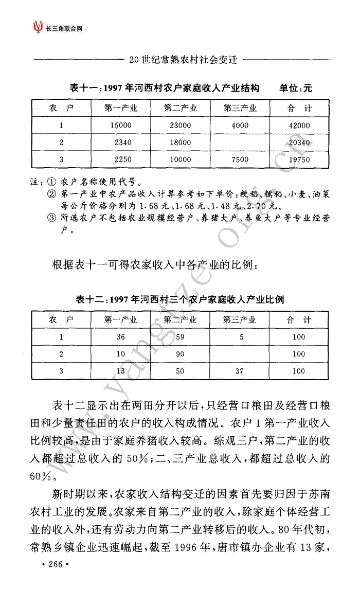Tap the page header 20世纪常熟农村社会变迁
[183, 60]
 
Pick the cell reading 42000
[299, 125]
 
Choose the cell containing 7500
[240, 159]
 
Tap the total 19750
[299, 159]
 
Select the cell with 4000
[240, 125]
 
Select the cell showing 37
[240, 371]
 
